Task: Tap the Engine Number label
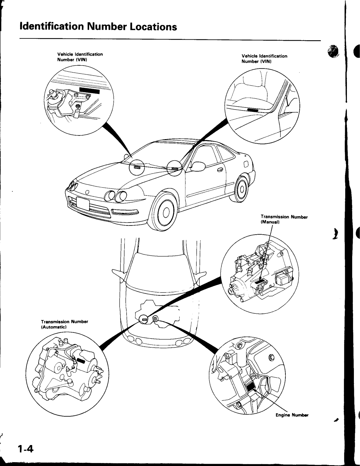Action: click(292, 415)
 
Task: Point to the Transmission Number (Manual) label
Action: click(284, 220)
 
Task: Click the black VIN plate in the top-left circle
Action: click(89, 91)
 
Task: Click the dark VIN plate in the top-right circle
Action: click(253, 110)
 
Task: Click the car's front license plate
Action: click(83, 204)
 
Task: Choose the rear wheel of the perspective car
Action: click(241, 189)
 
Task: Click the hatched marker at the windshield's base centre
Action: click(137, 167)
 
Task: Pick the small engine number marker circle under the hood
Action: click(156, 319)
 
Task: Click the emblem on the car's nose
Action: click(87, 192)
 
